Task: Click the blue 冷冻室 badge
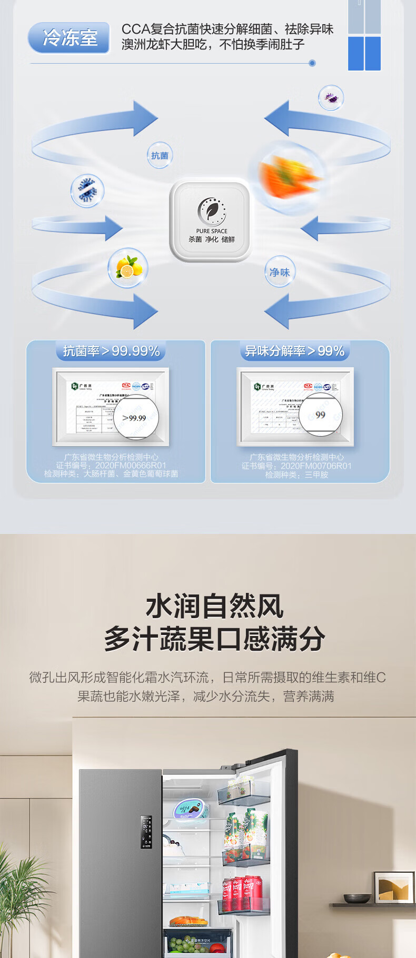[x=69, y=38]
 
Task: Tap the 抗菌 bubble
[x=160, y=155]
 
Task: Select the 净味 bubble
[x=280, y=272]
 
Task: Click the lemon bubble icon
[x=128, y=268]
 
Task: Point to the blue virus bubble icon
[x=87, y=190]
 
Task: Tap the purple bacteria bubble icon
[x=331, y=98]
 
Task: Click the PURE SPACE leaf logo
[x=211, y=211]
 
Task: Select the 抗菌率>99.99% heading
[x=111, y=351]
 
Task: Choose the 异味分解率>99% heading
[x=295, y=351]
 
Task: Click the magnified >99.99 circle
[x=135, y=417]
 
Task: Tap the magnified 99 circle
[x=320, y=415]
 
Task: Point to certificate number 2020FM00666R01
[x=131, y=466]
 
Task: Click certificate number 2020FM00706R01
[x=316, y=466]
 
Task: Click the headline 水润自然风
[x=214, y=606]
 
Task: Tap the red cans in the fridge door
[x=242, y=891]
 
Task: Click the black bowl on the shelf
[x=356, y=898]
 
